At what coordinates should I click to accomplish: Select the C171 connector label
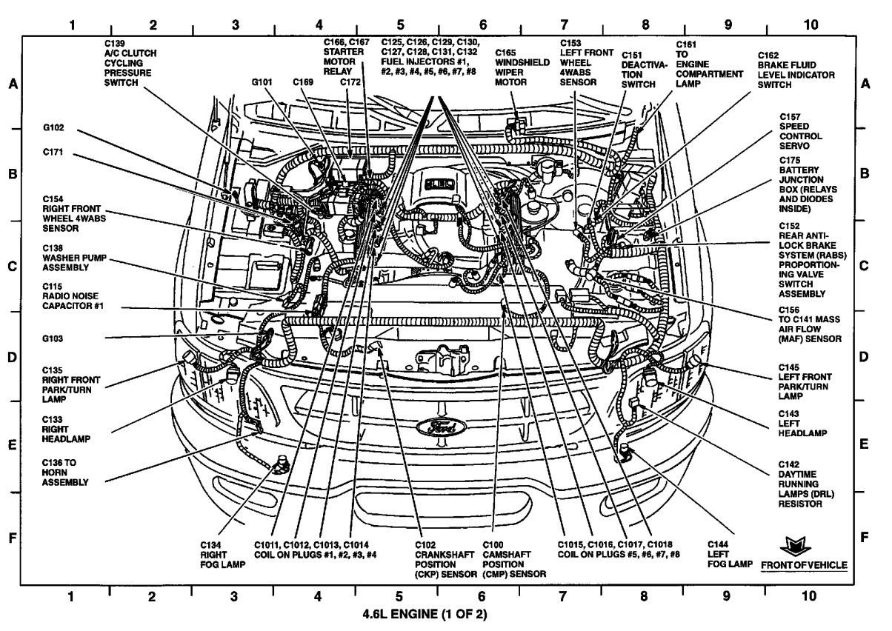pyautogui.click(x=54, y=151)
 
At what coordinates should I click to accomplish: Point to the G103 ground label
pyautogui.click(x=53, y=339)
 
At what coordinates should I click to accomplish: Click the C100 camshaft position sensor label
pyautogui.click(x=514, y=558)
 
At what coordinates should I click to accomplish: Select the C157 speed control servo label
pyautogui.click(x=800, y=131)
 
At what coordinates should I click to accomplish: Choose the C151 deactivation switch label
pyautogui.click(x=639, y=70)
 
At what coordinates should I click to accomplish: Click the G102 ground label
pyautogui.click(x=53, y=127)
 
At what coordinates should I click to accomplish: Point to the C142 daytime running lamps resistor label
pyautogui.click(x=800, y=484)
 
